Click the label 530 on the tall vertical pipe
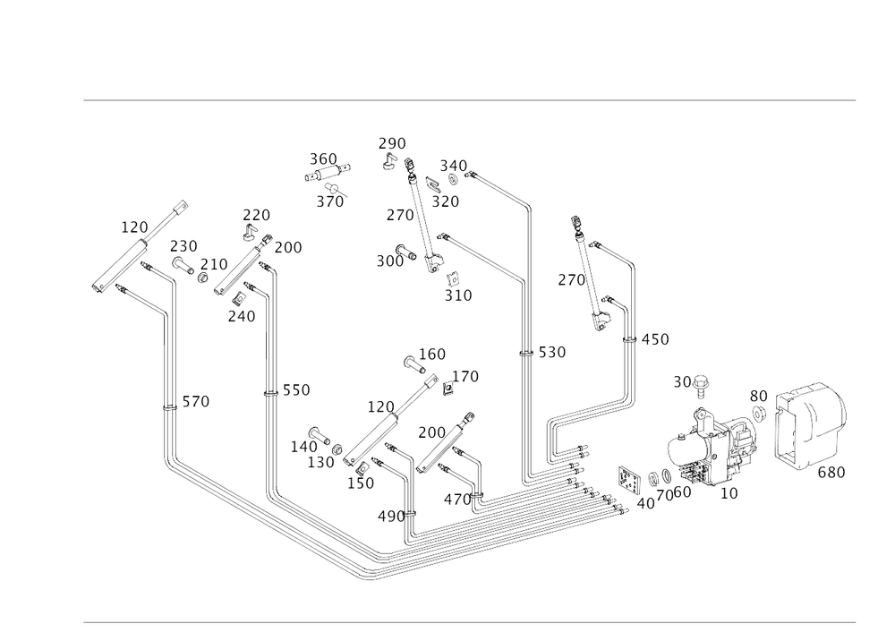(552, 354)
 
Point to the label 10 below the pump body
(730, 492)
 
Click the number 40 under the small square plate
(644, 505)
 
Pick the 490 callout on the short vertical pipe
(391, 517)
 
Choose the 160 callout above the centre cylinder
(433, 354)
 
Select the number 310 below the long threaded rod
(459, 295)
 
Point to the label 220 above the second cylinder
(257, 215)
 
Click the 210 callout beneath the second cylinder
(243, 315)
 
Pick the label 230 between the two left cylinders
(184, 244)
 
